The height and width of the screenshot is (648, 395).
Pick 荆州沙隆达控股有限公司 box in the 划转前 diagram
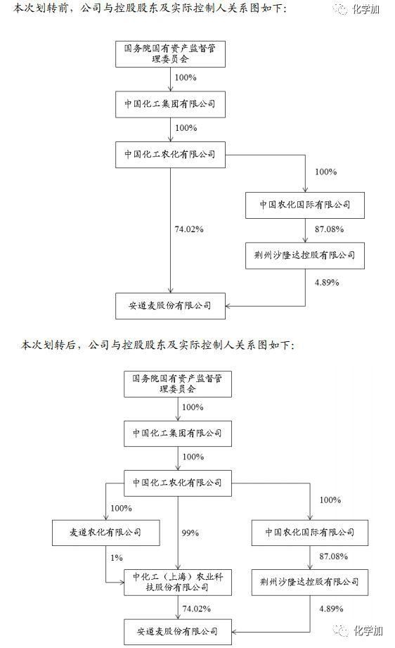point(305,255)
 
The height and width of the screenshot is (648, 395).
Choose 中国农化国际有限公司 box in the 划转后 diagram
point(312,532)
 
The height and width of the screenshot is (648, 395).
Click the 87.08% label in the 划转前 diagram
point(326,229)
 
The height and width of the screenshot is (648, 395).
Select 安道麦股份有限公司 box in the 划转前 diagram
point(170,306)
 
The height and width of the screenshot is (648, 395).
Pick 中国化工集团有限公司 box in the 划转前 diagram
point(170,106)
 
